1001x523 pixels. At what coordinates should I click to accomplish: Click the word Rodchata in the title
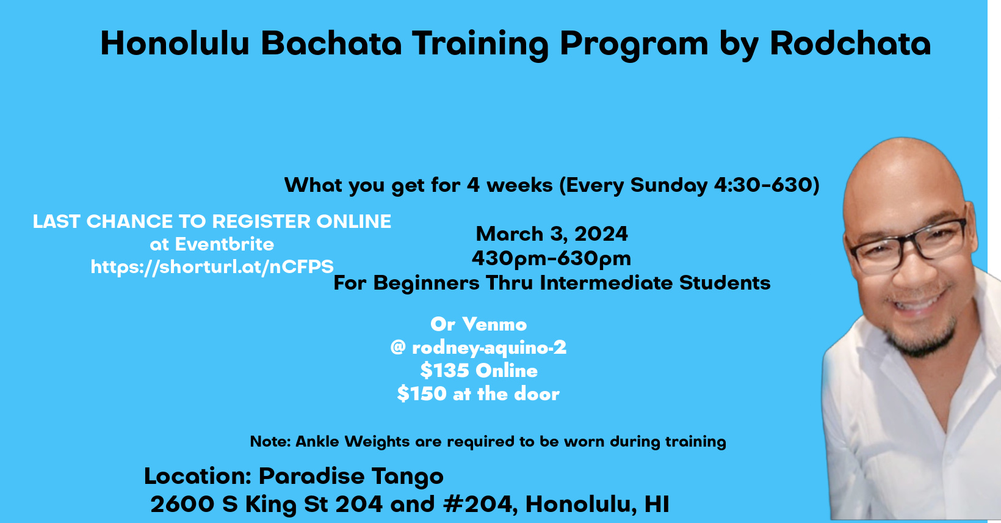[850, 43]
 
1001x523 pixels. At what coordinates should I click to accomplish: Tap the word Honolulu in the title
[175, 43]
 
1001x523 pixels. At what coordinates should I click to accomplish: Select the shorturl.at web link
[212, 266]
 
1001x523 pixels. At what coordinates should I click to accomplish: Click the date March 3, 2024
[552, 234]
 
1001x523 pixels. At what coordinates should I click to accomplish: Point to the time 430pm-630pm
[551, 258]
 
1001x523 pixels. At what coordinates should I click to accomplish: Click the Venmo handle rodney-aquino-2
[489, 348]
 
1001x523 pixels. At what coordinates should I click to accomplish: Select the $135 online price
[479, 370]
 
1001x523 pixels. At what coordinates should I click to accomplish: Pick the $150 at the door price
[478, 393]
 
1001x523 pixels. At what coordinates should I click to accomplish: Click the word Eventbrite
[225, 244]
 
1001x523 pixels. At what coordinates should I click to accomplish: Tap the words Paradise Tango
[351, 476]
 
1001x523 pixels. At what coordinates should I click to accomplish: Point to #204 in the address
[477, 504]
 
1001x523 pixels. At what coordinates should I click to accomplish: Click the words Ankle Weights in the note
[353, 442]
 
